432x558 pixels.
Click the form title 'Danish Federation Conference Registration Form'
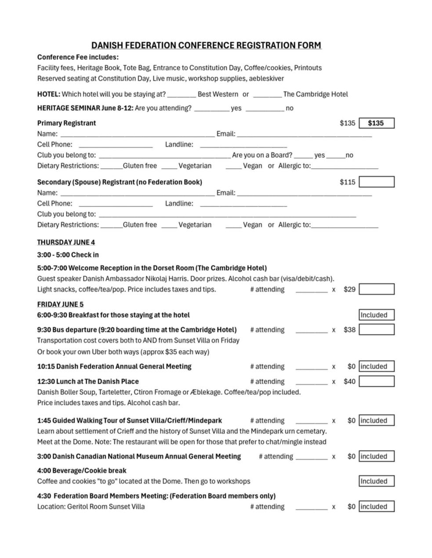206,45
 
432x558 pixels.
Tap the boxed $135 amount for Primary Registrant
376,123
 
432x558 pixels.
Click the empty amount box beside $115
376,182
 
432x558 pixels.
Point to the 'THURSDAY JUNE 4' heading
66,242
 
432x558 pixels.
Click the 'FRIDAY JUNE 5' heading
60,304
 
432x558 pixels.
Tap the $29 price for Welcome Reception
349,289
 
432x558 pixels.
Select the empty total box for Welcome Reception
376,289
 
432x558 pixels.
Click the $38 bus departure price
349,330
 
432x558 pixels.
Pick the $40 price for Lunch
349,382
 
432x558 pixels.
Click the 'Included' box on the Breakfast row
376,315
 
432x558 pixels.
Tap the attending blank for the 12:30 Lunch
311,382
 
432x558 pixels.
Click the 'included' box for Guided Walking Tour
376,421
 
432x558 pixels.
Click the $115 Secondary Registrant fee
347,182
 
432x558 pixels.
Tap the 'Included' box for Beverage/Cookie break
376,481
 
